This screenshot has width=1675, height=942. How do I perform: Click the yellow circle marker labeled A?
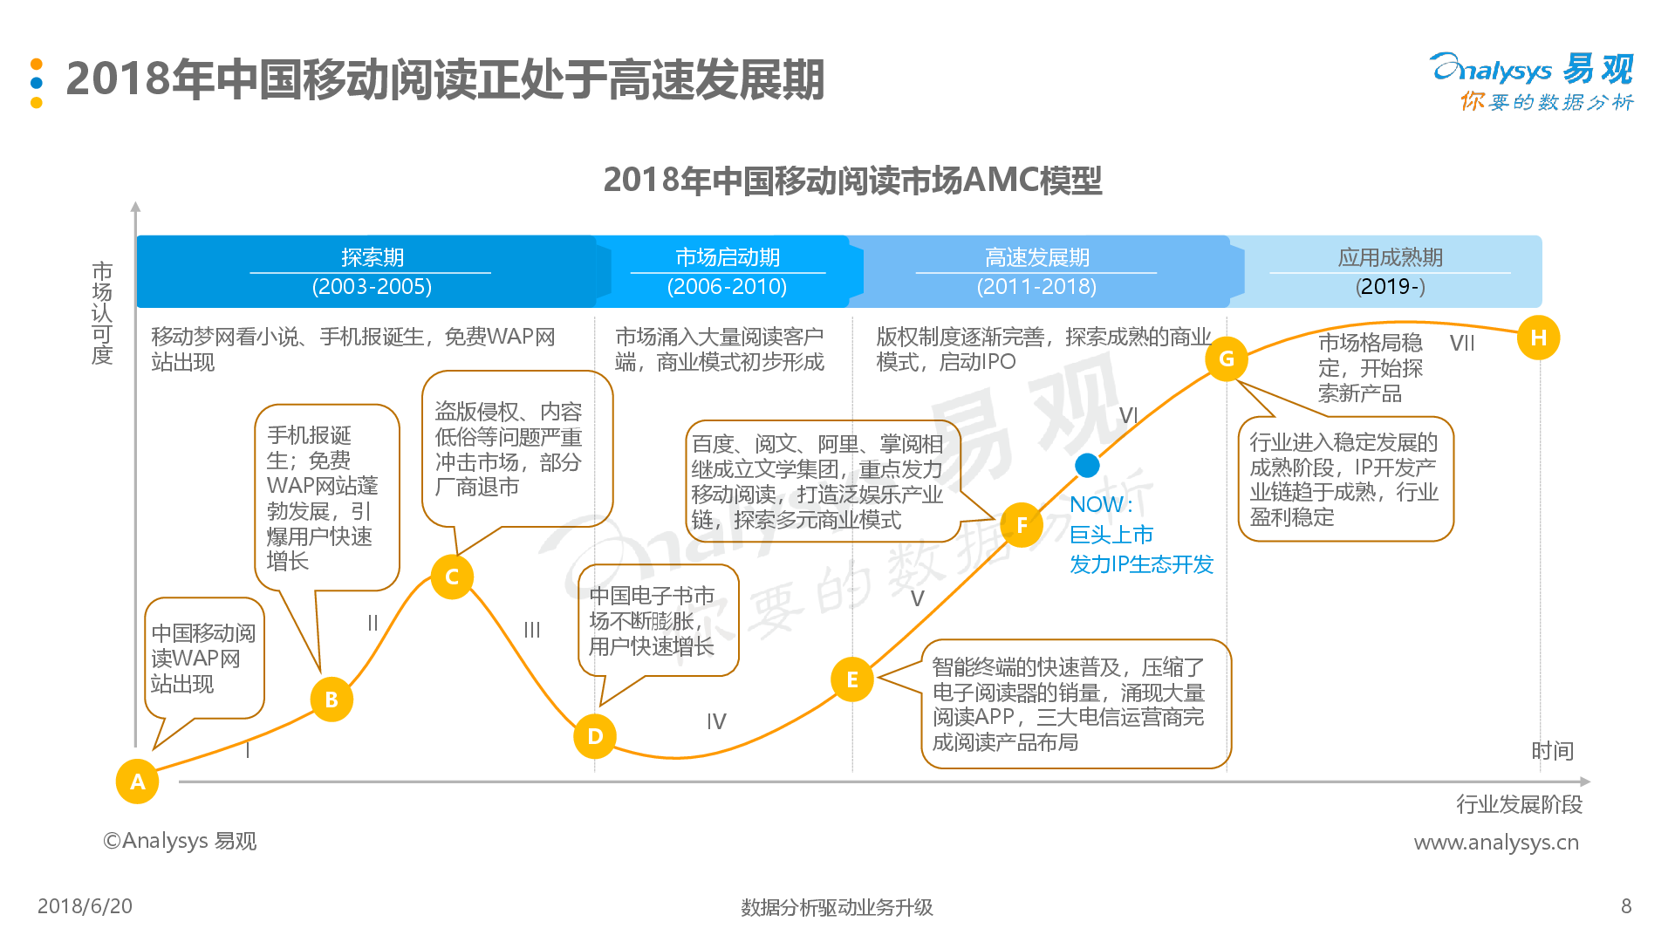(x=137, y=782)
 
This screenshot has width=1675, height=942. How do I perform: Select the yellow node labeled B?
(x=332, y=700)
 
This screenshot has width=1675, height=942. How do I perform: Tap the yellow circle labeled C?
(x=452, y=577)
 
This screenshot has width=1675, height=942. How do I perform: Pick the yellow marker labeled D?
(x=595, y=736)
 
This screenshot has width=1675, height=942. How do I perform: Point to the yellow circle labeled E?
(x=852, y=679)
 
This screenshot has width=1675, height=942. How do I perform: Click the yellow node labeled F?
(x=1022, y=525)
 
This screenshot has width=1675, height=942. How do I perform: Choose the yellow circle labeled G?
(x=1226, y=358)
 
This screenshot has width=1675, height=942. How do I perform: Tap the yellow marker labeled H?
(x=1538, y=338)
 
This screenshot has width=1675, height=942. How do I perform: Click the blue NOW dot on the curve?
(x=1087, y=466)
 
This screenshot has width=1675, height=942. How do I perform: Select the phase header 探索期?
(x=373, y=257)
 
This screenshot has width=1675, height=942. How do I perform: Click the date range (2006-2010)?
(x=727, y=287)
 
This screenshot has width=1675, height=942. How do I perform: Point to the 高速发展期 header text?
(x=1037, y=257)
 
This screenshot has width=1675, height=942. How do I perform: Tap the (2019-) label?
(x=1391, y=287)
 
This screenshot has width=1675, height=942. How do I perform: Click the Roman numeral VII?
(x=1462, y=343)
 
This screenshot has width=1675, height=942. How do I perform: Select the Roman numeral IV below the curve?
(x=716, y=721)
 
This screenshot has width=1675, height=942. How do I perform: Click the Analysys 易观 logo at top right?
(x=1532, y=81)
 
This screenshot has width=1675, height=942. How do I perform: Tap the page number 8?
(x=1626, y=906)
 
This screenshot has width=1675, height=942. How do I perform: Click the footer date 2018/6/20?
(x=85, y=906)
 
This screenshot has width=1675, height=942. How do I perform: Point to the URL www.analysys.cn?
(x=1496, y=843)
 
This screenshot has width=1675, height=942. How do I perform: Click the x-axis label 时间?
(x=1553, y=751)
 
